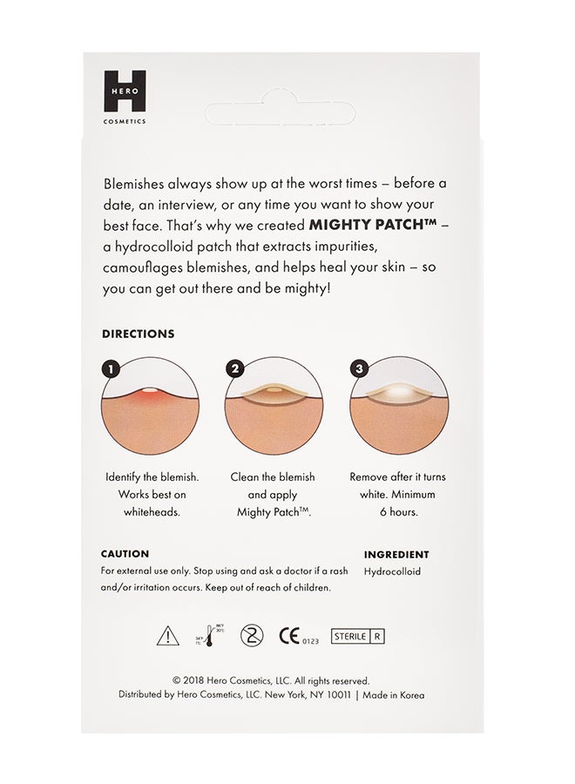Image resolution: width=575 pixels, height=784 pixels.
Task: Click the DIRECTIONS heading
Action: [138, 334]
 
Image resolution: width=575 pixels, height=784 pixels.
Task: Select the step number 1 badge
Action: [110, 369]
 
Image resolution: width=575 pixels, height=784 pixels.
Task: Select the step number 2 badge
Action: [234, 369]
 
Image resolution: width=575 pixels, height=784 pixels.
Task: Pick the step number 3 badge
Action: [357, 369]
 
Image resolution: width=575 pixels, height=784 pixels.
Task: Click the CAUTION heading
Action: [125, 554]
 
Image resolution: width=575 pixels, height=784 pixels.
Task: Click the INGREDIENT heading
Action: [396, 554]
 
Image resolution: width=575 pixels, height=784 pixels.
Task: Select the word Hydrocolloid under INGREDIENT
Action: [391, 572]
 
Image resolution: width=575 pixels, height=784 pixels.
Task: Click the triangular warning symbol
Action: [167, 636]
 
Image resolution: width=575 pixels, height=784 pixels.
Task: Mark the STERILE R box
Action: [357, 636]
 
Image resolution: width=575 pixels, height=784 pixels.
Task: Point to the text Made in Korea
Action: [394, 695]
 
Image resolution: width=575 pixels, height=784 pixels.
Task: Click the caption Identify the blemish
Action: [152, 477]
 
